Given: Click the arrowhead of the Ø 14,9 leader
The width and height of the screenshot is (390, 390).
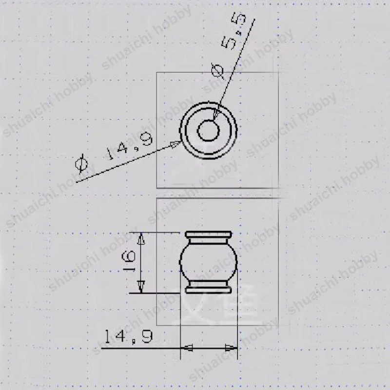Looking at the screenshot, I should click(x=175, y=144).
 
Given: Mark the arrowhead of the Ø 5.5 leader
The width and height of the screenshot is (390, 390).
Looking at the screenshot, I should click(x=216, y=114).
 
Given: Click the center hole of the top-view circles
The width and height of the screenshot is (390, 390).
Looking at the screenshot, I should click(x=209, y=131).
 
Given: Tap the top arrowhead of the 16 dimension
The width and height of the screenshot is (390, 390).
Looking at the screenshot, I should click(x=142, y=238).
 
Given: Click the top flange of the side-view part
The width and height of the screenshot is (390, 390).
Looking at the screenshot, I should click(x=209, y=236).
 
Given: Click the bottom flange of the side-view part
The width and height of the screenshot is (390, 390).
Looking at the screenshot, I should click(x=209, y=288).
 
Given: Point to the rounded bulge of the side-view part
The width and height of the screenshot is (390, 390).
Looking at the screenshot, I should click(x=209, y=262).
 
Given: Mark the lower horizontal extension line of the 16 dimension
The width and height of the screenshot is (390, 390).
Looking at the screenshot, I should click(x=156, y=293).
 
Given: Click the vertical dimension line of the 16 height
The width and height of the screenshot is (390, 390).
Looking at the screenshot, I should click(x=142, y=263).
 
